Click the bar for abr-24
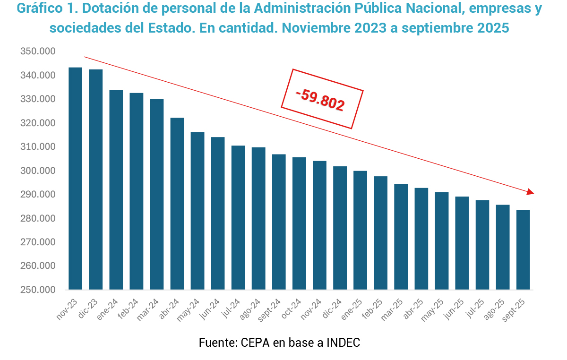[177, 204]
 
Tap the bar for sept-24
[279, 222]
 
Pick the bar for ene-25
[360, 230]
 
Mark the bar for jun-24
[218, 213]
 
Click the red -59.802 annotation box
[322, 99]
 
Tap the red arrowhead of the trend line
[531, 191]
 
